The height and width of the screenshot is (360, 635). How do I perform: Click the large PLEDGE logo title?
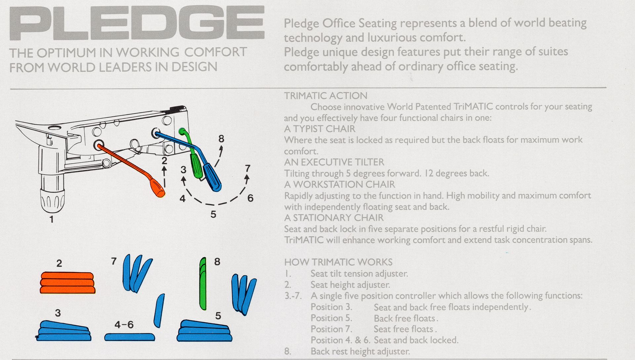137,23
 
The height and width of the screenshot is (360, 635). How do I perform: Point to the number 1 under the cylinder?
51,219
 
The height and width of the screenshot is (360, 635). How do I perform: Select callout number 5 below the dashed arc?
213,215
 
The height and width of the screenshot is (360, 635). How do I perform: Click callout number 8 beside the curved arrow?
221,139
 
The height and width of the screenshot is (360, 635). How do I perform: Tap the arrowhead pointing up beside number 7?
246,178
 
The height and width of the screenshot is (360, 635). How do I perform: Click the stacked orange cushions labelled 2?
67,283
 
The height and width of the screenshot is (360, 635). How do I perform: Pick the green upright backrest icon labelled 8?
203,284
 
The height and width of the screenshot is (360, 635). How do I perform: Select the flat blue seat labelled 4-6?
130,337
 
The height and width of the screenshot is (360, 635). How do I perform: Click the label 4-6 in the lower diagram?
124,325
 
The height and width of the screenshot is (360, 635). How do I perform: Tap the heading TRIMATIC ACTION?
326,96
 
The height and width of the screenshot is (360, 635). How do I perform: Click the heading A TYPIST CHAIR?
319,129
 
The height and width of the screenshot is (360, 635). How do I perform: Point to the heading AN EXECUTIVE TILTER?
334,162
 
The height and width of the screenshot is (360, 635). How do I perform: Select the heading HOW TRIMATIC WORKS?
338,262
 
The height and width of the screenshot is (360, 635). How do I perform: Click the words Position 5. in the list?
331,318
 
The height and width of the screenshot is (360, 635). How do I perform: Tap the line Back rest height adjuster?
360,351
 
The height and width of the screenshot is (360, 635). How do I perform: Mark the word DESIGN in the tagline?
195,67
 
